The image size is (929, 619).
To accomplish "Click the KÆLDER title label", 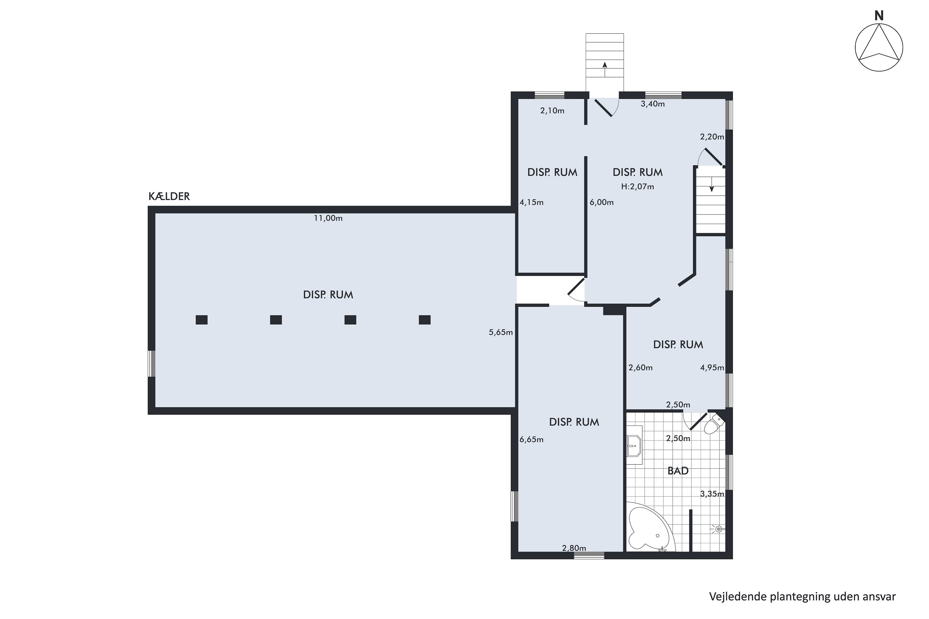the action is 169,196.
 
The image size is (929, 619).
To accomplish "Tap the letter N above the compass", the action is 879,16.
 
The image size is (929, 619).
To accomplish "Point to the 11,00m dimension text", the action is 328,218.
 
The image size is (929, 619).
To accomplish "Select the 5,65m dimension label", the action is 501,332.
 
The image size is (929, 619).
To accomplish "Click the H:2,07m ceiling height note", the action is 638,186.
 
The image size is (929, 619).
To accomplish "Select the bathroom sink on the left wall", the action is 634,446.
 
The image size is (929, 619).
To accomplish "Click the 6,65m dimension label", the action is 532,439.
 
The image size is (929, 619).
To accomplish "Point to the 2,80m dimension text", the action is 574,548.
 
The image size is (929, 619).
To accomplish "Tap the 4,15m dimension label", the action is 532,202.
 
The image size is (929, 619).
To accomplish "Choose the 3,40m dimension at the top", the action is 652,104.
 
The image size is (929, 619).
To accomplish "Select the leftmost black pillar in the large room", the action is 202,320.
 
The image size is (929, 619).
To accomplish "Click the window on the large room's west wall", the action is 152,364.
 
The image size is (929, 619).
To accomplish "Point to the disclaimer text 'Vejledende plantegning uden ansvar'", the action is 803,596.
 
